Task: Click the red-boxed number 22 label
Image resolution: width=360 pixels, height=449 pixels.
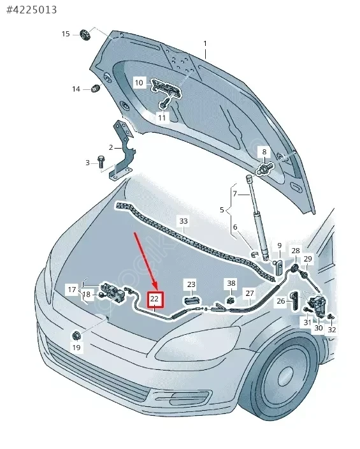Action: click(x=154, y=299)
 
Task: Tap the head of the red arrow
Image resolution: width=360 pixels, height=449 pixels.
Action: click(x=156, y=288)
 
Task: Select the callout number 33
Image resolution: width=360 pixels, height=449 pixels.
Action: click(x=184, y=221)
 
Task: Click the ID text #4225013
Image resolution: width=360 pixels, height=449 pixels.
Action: click(x=31, y=10)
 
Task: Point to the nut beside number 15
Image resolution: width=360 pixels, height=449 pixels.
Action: click(x=85, y=34)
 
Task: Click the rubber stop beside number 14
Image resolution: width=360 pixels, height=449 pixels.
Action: click(x=95, y=88)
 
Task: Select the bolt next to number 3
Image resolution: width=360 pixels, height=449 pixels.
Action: click(x=101, y=162)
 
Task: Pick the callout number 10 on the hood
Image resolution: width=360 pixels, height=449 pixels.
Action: click(x=139, y=83)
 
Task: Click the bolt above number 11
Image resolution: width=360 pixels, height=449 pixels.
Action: click(x=162, y=104)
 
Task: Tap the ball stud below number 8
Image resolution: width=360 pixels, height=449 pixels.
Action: click(x=264, y=168)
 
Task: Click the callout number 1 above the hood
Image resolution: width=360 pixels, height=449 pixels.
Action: click(x=205, y=44)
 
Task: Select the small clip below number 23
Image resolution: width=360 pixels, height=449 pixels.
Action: click(x=192, y=301)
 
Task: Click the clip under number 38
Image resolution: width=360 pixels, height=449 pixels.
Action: click(x=231, y=300)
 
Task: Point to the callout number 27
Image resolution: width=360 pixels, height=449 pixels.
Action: click(x=250, y=293)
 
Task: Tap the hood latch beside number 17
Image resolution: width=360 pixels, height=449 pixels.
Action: click(x=113, y=291)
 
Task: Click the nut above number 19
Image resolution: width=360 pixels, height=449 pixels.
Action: click(x=76, y=335)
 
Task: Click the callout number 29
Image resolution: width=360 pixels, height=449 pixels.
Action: click(x=308, y=259)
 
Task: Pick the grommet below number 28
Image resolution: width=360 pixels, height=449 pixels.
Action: click(x=295, y=269)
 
